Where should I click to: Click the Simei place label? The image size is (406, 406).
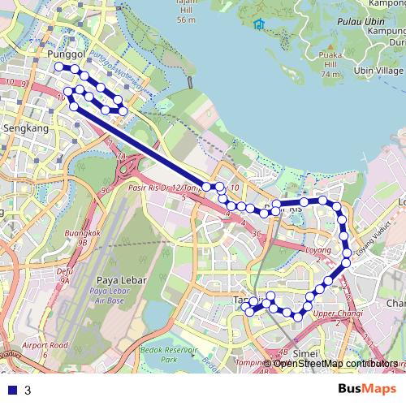pyautogui.click(x=304, y=353)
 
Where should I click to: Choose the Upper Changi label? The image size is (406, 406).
pyautogui.click(x=335, y=314)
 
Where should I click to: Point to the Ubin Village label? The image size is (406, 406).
pyautogui.click(x=378, y=71)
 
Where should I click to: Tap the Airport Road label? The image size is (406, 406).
pyautogui.click(x=46, y=345)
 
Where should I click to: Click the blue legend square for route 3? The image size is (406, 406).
pyautogui.click(x=11, y=391)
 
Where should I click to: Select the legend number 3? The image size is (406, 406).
pyautogui.click(x=28, y=391)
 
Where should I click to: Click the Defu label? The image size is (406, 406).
pyautogui.click(x=64, y=272)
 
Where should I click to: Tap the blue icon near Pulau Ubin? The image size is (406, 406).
pyautogui.click(x=258, y=24)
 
